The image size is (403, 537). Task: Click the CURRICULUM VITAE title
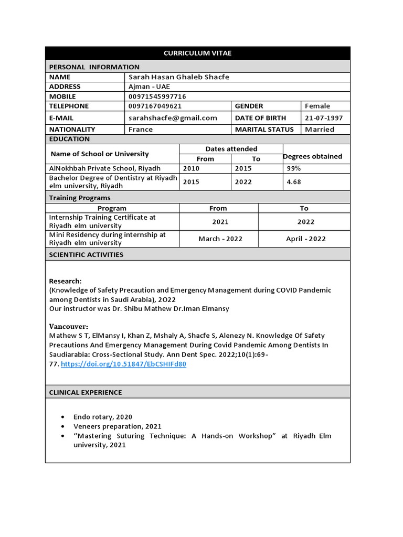click(197, 53)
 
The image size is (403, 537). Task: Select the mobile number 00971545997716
click(157, 96)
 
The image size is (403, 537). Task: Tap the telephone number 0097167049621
click(155, 106)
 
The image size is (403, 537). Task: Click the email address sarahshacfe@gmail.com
click(173, 118)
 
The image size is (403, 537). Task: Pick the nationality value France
click(141, 130)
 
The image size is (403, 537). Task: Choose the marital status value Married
click(320, 130)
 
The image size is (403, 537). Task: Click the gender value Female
click(317, 106)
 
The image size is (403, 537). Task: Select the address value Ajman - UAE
click(149, 87)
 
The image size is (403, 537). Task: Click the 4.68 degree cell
click(293, 182)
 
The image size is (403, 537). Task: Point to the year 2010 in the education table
click(191, 168)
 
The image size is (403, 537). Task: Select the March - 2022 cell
click(220, 239)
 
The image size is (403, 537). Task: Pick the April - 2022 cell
click(306, 239)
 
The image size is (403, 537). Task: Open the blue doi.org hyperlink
click(123, 364)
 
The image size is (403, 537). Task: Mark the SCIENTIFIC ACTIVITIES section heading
click(86, 255)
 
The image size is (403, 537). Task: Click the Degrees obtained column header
click(313, 156)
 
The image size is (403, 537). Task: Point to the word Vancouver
click(68, 326)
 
